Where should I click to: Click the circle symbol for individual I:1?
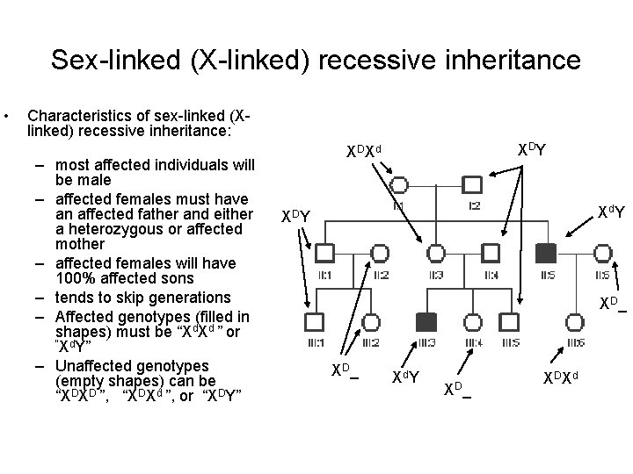398,185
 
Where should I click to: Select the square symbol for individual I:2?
473,185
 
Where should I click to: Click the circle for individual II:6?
603,255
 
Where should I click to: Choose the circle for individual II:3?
435,255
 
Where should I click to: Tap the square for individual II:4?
491,255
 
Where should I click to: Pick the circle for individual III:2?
369,320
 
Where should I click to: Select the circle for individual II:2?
379,255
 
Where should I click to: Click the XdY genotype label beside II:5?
611,212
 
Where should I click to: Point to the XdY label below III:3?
404,377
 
